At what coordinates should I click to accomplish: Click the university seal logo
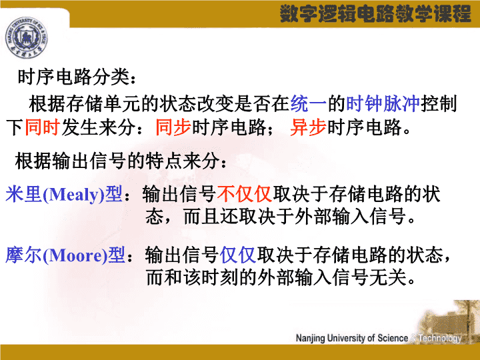(x=26, y=37)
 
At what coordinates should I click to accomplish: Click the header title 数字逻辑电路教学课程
(x=375, y=14)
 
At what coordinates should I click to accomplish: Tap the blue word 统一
(x=309, y=104)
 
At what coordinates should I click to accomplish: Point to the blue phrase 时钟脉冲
(x=383, y=104)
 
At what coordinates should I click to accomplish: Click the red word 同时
(x=43, y=127)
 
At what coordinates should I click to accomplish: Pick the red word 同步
(x=173, y=127)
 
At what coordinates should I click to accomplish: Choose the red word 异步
(x=308, y=127)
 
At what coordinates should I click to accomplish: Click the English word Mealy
(x=74, y=195)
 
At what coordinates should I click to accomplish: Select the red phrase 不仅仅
(x=245, y=194)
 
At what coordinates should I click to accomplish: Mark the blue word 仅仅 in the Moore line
(x=238, y=255)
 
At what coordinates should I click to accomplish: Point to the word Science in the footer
(x=393, y=338)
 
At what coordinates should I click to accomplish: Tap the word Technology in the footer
(x=440, y=339)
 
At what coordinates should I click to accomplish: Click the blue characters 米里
(x=23, y=194)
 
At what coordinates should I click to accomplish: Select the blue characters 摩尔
(x=23, y=255)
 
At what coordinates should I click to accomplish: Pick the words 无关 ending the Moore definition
(x=388, y=277)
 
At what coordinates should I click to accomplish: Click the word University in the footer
(x=346, y=338)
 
